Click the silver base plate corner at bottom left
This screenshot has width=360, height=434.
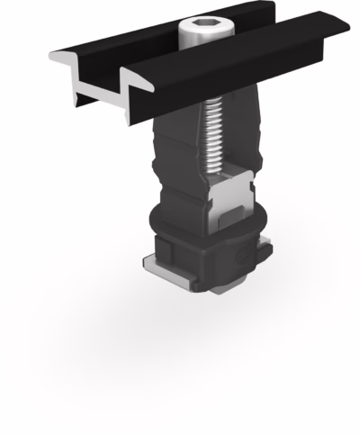click(x=149, y=262)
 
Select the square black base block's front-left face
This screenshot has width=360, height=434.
click(x=184, y=261)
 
